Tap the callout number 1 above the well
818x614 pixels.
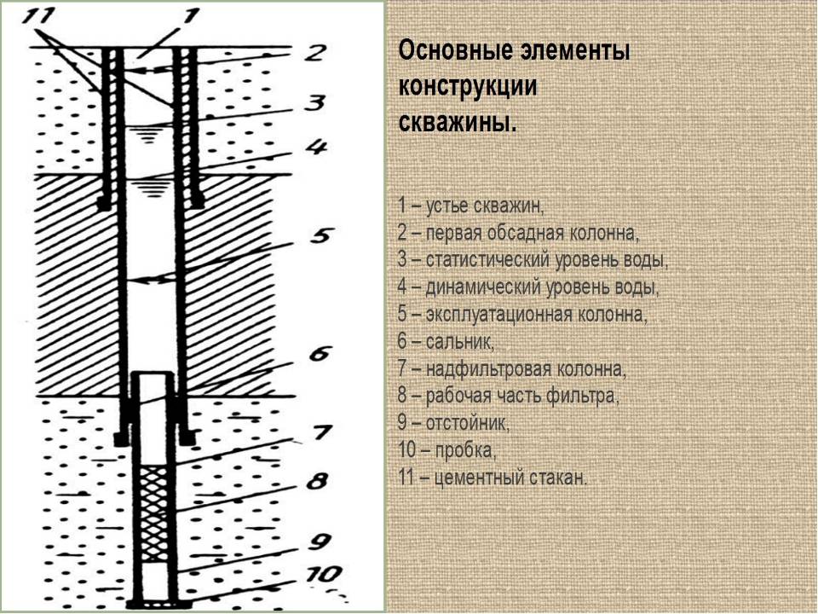pos(191,17)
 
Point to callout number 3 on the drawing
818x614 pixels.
pos(315,102)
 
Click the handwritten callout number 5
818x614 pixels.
pos(320,235)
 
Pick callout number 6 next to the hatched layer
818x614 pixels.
pos(320,353)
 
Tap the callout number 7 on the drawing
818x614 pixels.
pos(321,432)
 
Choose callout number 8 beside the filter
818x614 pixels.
pos(317,480)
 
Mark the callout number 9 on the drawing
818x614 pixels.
pos(318,542)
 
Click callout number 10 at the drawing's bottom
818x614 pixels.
pos(324,574)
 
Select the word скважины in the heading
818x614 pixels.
pos(458,123)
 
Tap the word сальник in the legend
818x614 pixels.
pos(459,342)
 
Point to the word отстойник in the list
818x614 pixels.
pos(468,422)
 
